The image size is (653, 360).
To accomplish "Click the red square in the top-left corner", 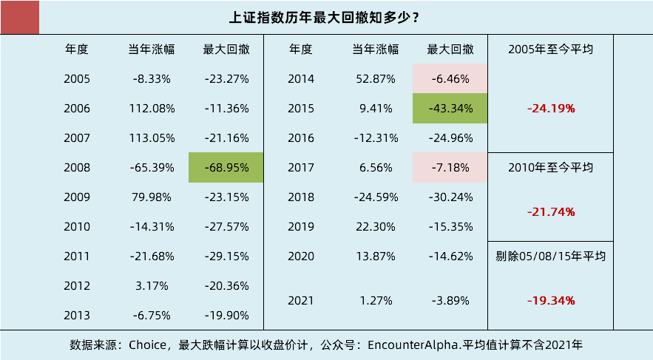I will point(19,17).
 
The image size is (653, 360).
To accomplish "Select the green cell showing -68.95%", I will point(226,167).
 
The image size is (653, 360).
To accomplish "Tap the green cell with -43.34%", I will point(450,108).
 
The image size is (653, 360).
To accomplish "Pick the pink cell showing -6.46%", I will point(450,78).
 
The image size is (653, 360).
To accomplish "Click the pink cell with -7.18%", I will point(450,167).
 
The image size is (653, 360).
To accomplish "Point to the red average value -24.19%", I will point(551,108).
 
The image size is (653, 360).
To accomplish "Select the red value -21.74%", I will point(551,212).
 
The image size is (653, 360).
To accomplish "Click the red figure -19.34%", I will point(551,300).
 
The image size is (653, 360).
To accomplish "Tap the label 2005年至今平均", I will point(551,50).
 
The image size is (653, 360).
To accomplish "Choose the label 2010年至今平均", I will point(551,168).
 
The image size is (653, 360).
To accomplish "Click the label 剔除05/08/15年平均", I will point(551,257).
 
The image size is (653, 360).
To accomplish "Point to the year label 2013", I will point(77,315).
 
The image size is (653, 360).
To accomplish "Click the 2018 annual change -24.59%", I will point(375,197).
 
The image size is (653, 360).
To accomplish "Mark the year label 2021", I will point(300,300).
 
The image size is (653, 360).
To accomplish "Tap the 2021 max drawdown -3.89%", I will point(450,300).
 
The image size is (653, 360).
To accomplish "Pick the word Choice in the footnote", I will point(146,344).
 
